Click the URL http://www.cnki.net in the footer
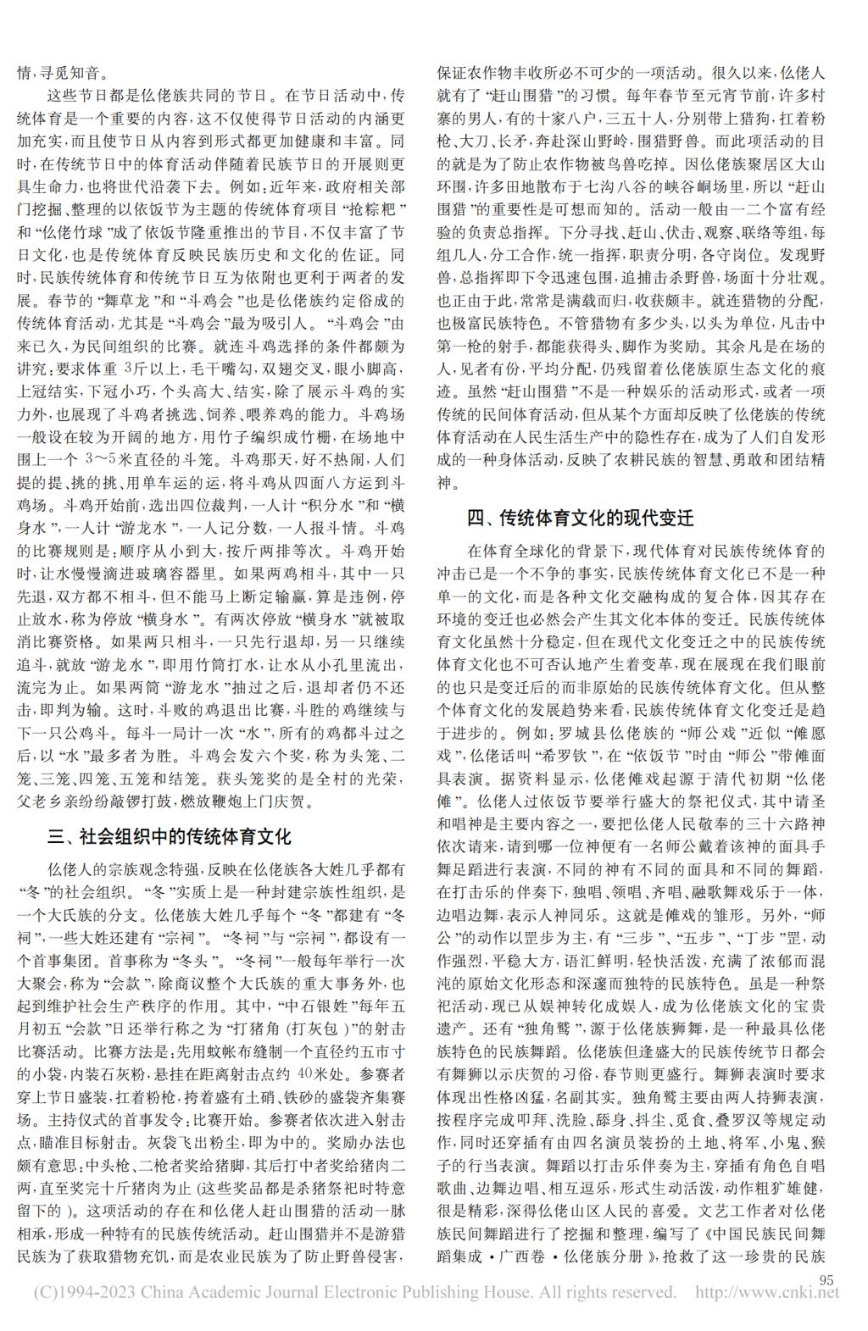pos(766,1293)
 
